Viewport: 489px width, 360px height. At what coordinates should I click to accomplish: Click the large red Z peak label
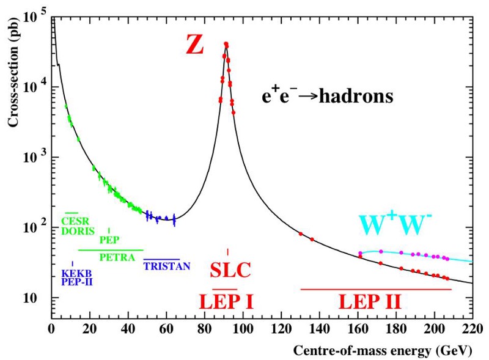(x=194, y=45)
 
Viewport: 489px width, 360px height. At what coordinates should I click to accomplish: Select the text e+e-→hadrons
(x=325, y=96)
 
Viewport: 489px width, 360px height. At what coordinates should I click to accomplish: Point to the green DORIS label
(x=78, y=232)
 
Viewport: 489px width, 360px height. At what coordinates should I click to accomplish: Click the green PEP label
(x=109, y=240)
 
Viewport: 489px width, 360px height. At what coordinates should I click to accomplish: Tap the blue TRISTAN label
(x=167, y=266)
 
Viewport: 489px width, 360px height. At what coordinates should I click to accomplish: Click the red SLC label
(x=230, y=270)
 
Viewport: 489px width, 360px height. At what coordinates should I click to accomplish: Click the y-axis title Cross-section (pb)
(x=12, y=73)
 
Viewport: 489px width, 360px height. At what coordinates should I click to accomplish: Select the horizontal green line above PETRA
(x=111, y=250)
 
